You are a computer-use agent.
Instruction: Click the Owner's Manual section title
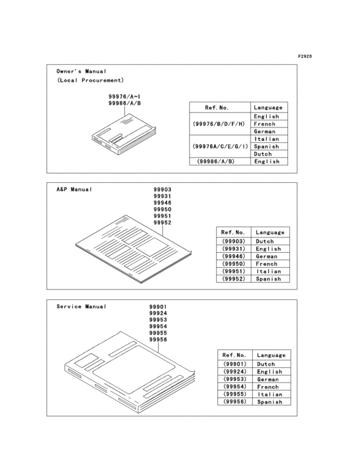click(82, 71)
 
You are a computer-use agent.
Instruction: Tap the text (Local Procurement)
click(90, 80)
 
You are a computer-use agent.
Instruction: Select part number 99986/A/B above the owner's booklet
click(125, 103)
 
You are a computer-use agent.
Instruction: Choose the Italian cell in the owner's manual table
click(266, 139)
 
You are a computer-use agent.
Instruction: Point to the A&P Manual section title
click(75, 190)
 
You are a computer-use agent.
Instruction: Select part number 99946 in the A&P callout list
click(162, 203)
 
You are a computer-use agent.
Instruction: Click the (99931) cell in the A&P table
click(233, 248)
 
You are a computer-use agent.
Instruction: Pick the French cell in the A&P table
click(266, 264)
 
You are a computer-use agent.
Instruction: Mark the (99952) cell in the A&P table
click(233, 279)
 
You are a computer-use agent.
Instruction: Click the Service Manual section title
click(78, 307)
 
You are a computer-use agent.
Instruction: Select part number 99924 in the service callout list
click(157, 313)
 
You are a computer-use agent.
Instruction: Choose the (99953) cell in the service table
click(234, 379)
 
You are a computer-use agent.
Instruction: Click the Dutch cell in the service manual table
click(267, 364)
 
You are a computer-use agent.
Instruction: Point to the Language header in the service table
click(271, 355)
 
